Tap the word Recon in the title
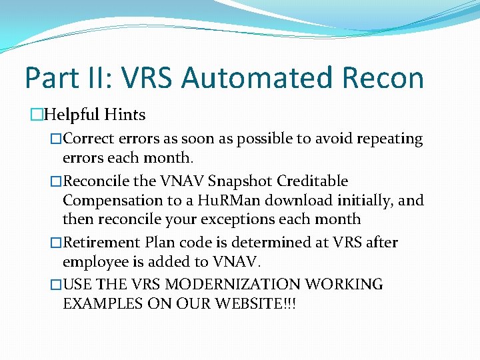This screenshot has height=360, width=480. point(383,78)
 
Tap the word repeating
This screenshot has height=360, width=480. point(389,139)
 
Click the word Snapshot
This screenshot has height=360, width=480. point(240,181)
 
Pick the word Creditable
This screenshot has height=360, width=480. point(313,181)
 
